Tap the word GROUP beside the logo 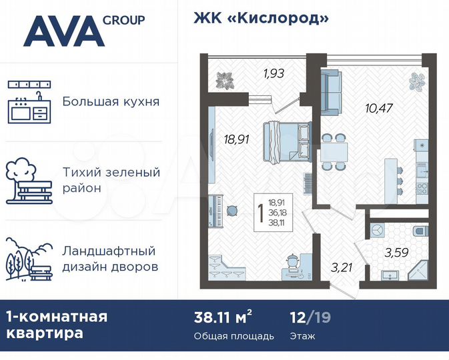point(124,20)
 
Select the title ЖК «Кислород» point(262,18)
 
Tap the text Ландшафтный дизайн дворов point(110,259)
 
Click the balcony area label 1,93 point(274,73)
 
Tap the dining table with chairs point(333,151)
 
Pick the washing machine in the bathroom point(376,229)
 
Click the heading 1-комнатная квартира point(57,325)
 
